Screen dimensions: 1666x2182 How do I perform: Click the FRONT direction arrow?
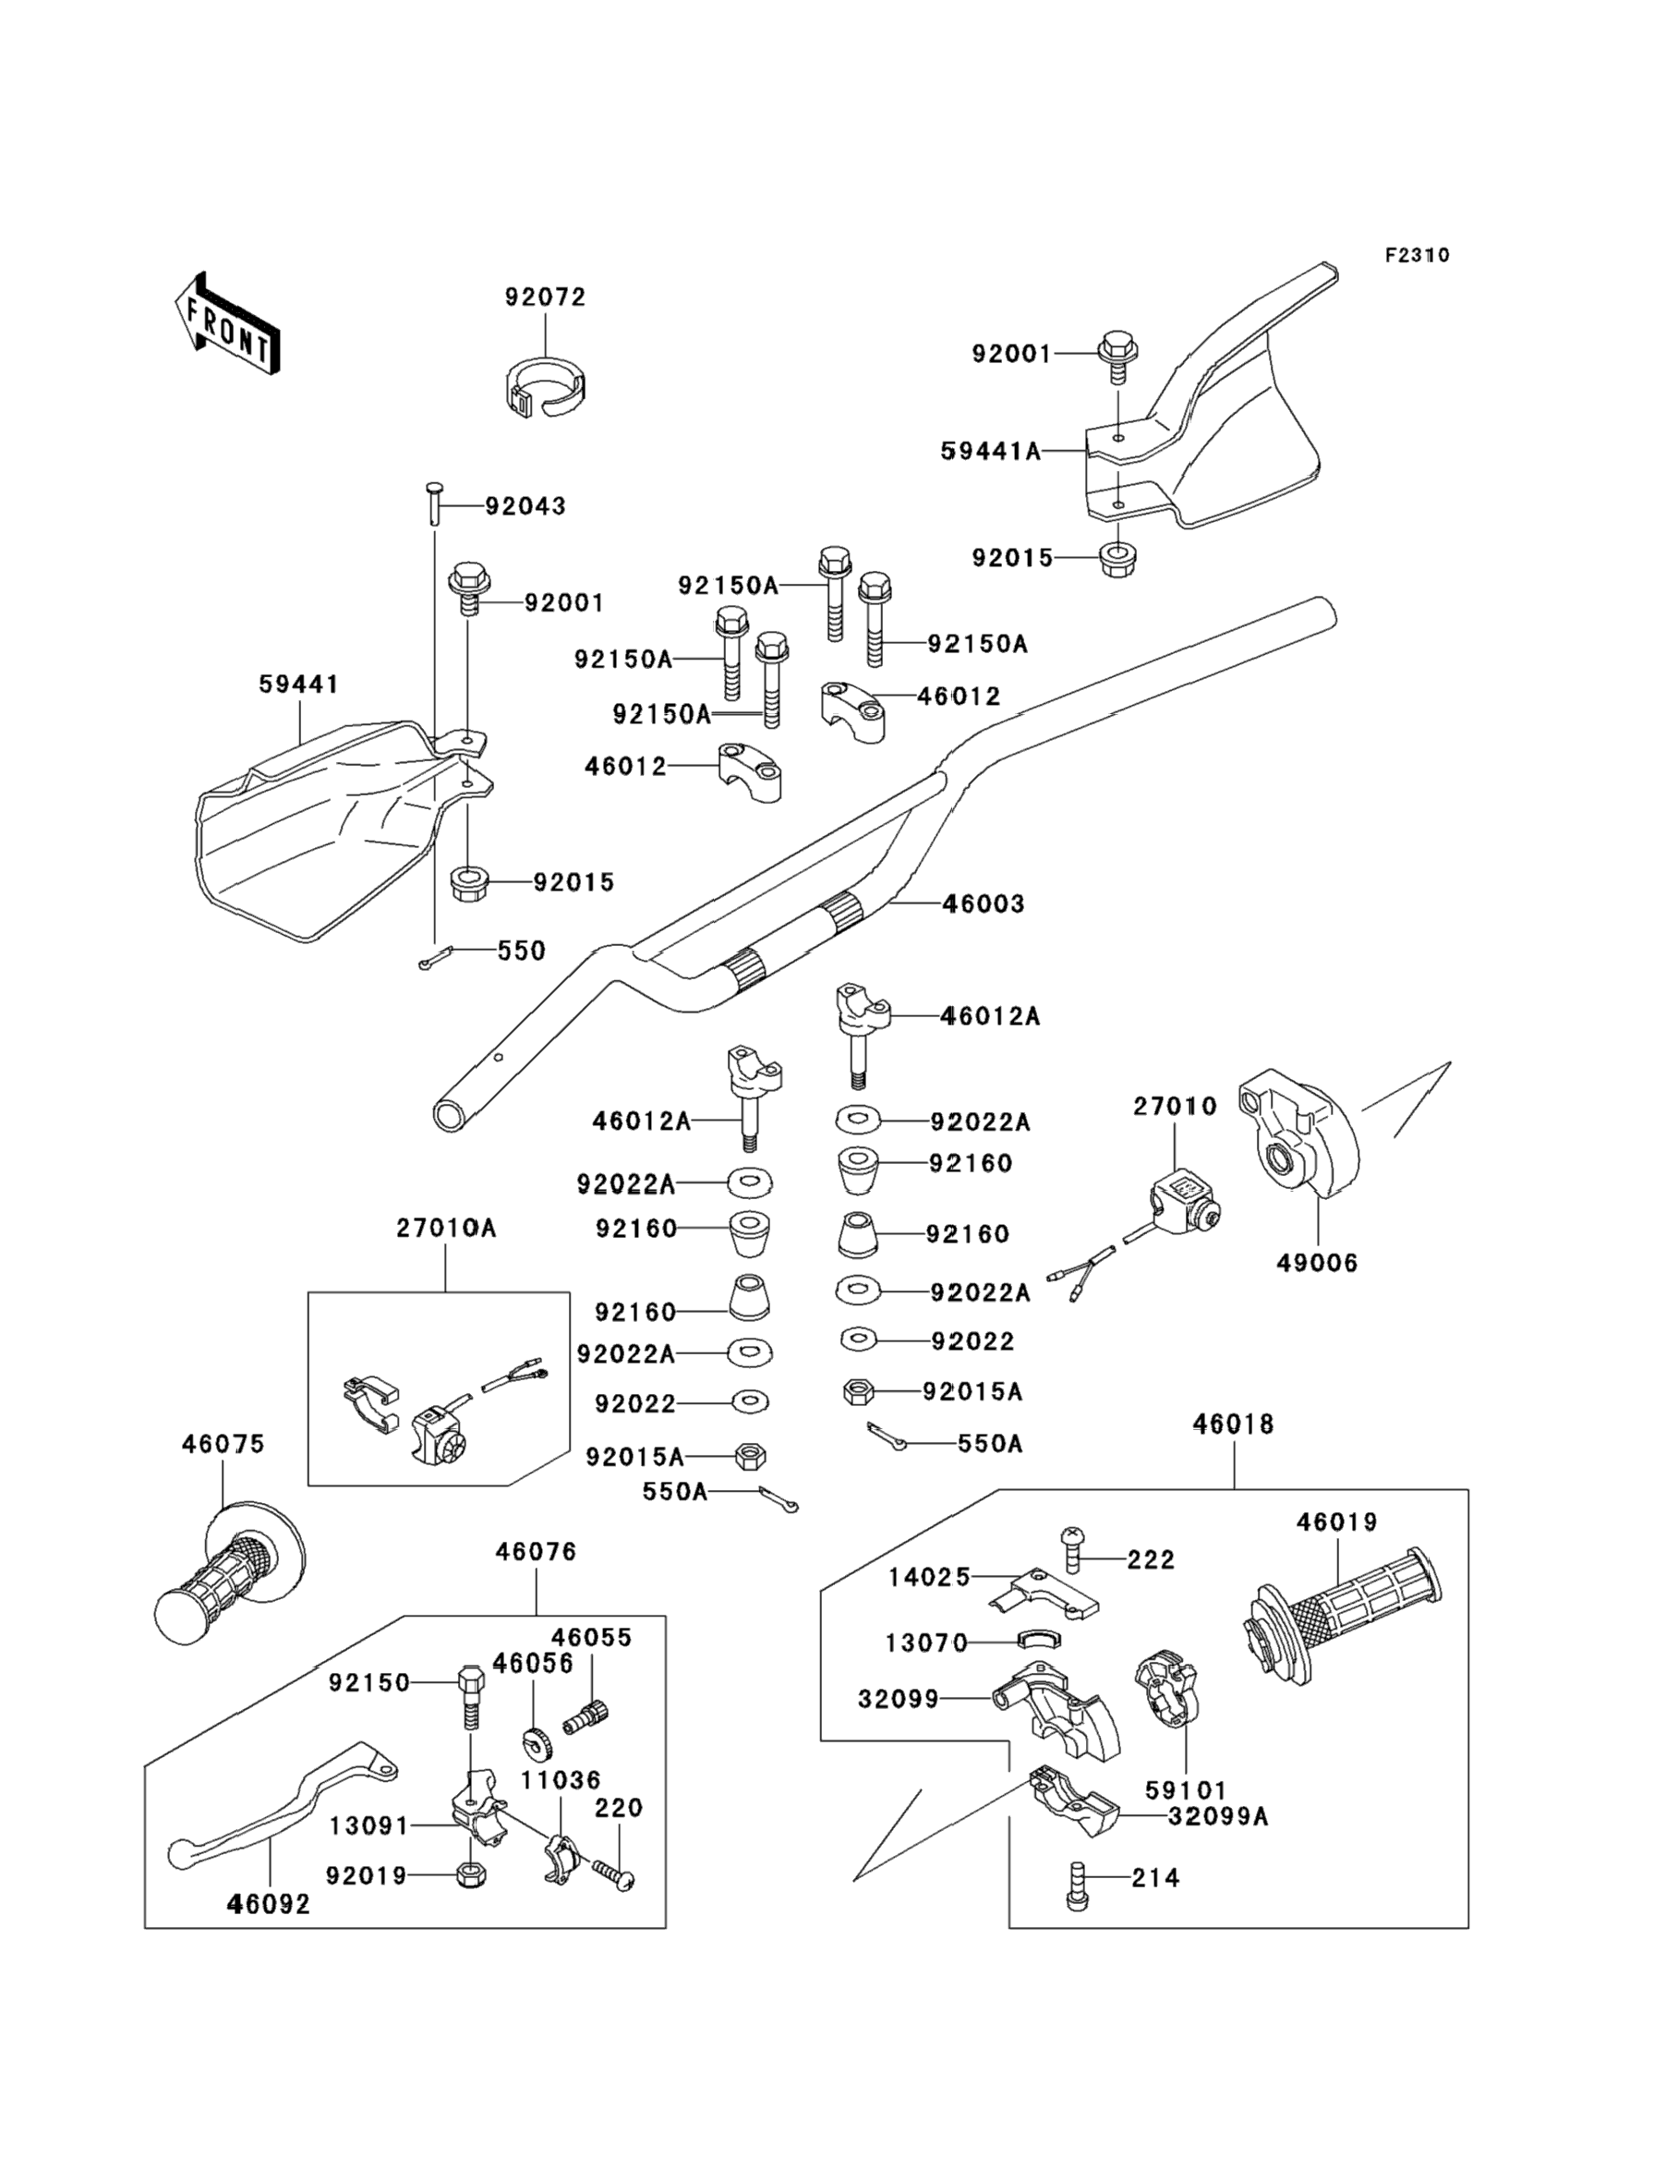pyautogui.click(x=226, y=322)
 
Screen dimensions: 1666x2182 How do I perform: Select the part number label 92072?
pyautogui.click(x=546, y=297)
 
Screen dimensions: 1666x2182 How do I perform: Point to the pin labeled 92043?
pyautogui.click(x=433, y=504)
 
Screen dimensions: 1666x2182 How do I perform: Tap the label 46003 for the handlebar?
pyautogui.click(x=983, y=903)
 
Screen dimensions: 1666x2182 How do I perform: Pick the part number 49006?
pyautogui.click(x=1317, y=1263)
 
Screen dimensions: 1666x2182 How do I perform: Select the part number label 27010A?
pyautogui.click(x=446, y=1228)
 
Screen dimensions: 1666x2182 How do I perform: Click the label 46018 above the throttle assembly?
pyautogui.click(x=1233, y=1424)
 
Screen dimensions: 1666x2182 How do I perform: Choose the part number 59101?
pyautogui.click(x=1186, y=1790)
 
